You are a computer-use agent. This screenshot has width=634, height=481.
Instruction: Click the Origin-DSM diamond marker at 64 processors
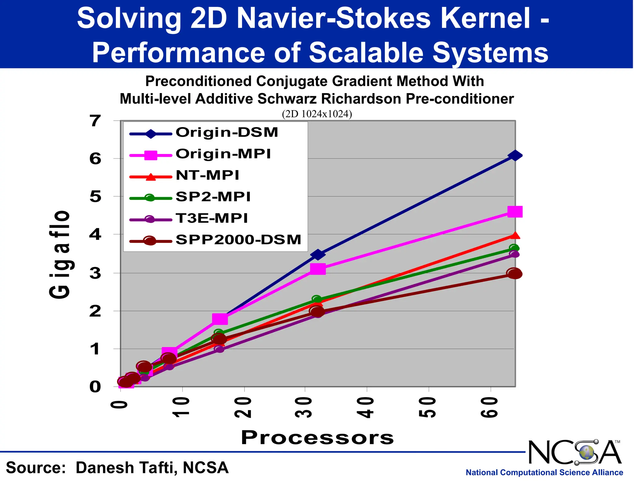(515, 155)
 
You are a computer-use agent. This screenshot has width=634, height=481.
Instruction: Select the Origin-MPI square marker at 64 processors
(515, 212)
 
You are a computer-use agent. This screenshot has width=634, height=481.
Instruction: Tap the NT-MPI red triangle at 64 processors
(515, 236)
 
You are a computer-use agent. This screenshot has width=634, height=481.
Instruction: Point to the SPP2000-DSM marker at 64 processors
(514, 273)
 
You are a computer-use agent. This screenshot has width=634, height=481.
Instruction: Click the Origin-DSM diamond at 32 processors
(318, 255)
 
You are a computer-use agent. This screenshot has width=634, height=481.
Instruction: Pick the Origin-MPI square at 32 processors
(318, 269)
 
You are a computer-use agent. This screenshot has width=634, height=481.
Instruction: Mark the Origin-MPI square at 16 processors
(220, 319)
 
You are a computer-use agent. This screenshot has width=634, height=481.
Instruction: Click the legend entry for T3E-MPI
(212, 218)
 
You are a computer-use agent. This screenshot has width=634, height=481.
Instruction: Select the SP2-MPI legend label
(213, 197)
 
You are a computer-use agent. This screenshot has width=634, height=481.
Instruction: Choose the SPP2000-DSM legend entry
(238, 240)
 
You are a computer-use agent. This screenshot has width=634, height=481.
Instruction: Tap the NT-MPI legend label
(207, 175)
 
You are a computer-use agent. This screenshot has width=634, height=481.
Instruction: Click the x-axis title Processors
(317, 437)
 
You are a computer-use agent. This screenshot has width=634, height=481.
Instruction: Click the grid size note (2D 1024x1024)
(317, 114)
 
